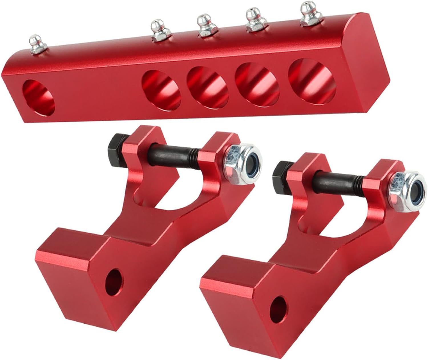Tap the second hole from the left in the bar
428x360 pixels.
click(161, 89)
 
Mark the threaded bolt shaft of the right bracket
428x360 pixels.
click(338, 179)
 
